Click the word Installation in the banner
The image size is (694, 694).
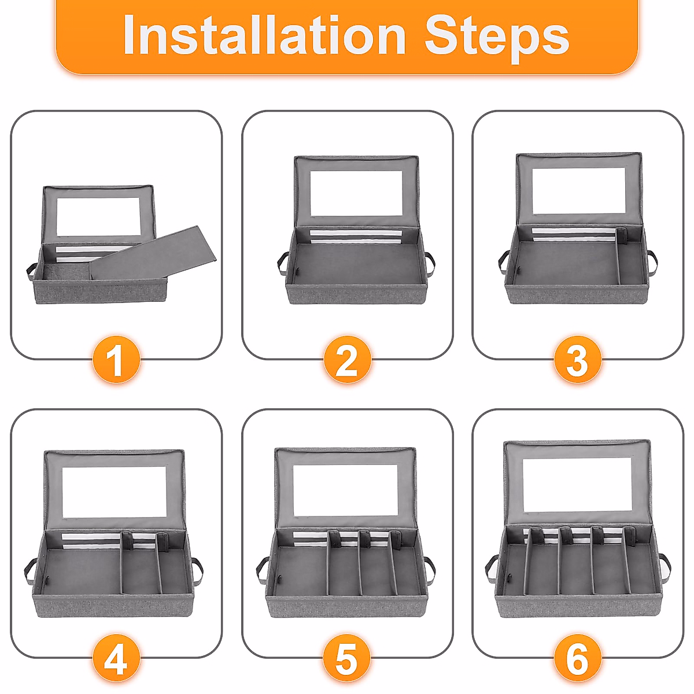pyautogui.click(x=264, y=35)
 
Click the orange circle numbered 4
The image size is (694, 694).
pyautogui.click(x=116, y=658)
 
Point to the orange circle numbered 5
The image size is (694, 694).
pyautogui.click(x=347, y=658)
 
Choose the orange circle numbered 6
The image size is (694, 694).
pyautogui.click(x=578, y=658)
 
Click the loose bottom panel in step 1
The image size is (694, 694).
pyautogui.click(x=153, y=253)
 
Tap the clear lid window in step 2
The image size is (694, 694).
pyautogui.click(x=356, y=193)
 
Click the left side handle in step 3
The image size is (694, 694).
pyautogui.click(x=504, y=262)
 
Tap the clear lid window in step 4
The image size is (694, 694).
pyautogui.click(x=114, y=492)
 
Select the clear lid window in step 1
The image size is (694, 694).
pyautogui.click(x=98, y=217)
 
